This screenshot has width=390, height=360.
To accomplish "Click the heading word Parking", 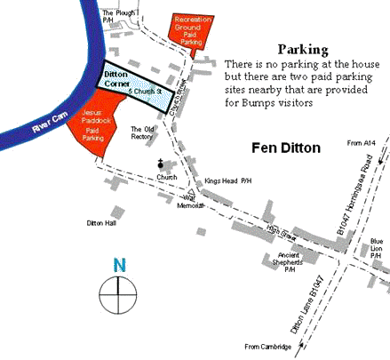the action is pos(303,50).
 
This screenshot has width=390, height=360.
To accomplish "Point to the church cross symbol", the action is pos(161,164).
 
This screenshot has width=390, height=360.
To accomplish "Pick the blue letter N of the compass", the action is pos(118,264).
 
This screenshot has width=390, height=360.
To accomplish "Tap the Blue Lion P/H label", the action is pos(377,246).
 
